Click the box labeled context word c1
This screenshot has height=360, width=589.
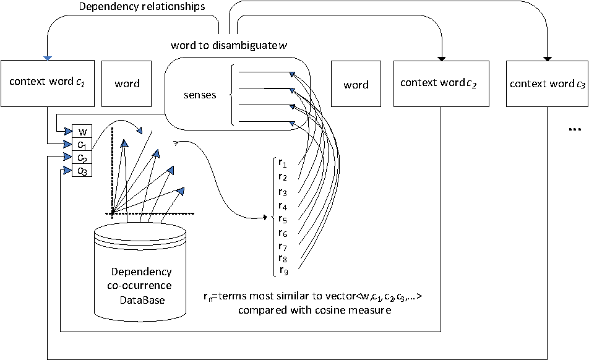[x=46, y=82]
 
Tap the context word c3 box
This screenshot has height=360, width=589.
[x=547, y=83]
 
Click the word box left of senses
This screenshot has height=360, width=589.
[x=127, y=84]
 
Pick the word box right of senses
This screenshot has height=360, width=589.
[x=356, y=85]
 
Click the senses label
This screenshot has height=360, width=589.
[x=200, y=95]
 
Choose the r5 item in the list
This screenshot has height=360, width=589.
[x=283, y=218]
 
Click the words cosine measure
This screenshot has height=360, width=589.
[x=358, y=310]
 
